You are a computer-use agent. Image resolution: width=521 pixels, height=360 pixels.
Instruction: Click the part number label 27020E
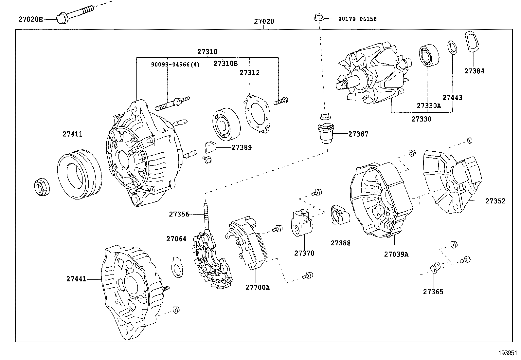click(30, 19)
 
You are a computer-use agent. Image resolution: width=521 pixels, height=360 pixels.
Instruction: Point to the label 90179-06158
click(357, 19)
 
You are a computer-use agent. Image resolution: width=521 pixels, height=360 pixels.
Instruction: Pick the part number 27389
click(242, 147)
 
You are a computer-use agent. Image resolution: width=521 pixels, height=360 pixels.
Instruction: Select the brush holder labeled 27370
click(301, 223)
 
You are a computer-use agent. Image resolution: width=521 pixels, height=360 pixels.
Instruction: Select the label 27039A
click(396, 254)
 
